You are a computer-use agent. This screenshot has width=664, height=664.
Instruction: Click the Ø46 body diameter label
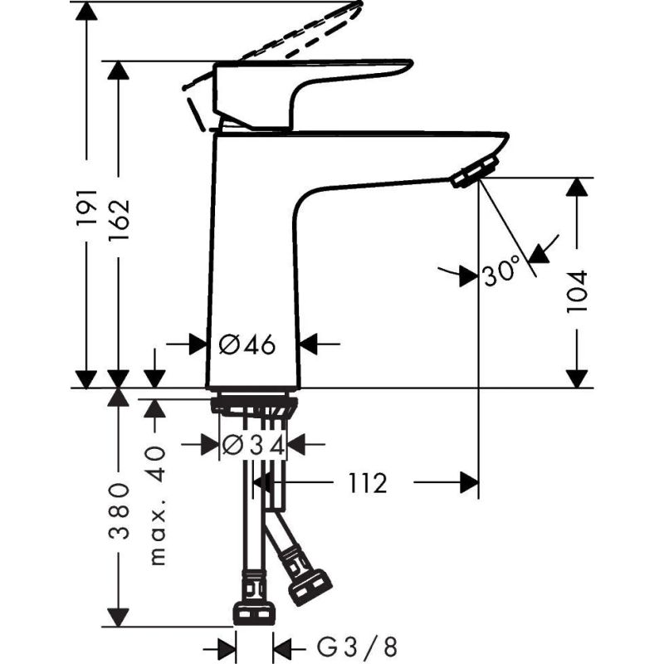coord(246,344)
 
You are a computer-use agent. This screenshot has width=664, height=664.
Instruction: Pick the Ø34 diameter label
coord(255,445)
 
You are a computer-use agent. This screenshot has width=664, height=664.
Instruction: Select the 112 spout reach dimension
coord(367,483)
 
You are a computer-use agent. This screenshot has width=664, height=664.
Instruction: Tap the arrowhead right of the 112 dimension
coord(469,482)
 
